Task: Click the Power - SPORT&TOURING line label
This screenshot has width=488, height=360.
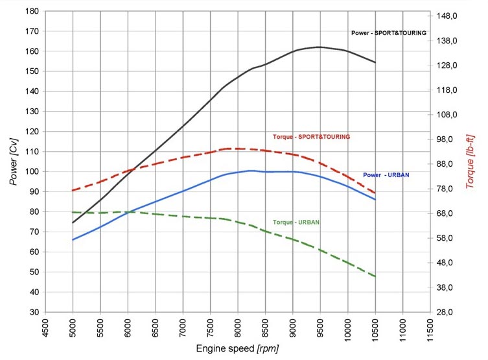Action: tap(388, 32)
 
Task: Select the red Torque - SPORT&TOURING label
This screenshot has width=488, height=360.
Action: tap(312, 137)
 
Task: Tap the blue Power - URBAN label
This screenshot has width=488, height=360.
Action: tap(386, 175)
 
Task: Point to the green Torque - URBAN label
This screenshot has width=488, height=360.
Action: tap(296, 222)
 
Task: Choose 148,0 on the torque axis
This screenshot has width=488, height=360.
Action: tap(449, 16)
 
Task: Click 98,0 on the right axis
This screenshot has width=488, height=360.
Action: tap(449, 139)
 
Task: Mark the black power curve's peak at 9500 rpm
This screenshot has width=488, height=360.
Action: tap(320, 47)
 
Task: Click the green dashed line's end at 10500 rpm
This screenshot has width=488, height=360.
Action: tap(375, 277)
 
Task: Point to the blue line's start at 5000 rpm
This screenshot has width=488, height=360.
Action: tap(73, 239)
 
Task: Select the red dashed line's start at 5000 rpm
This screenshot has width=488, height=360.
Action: tap(73, 190)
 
